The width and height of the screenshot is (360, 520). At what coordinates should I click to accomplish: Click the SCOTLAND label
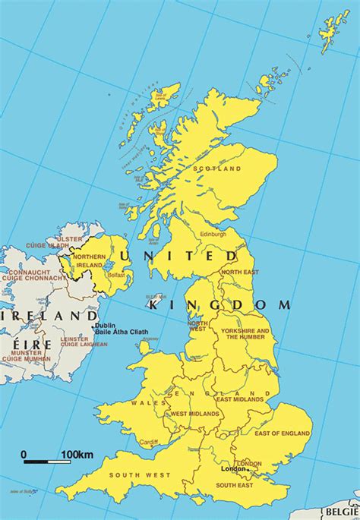coord(217,169)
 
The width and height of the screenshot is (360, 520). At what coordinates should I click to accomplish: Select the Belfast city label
coord(117,276)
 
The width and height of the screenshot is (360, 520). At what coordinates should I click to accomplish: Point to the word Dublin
coord(104,326)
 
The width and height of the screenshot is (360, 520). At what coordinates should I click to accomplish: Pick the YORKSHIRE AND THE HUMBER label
coord(245,335)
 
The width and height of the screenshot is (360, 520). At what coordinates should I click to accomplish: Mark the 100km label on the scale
coord(77,455)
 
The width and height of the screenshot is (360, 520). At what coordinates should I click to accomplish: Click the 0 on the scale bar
coord(24,455)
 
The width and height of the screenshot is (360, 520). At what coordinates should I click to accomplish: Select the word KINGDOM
coord(219,304)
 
